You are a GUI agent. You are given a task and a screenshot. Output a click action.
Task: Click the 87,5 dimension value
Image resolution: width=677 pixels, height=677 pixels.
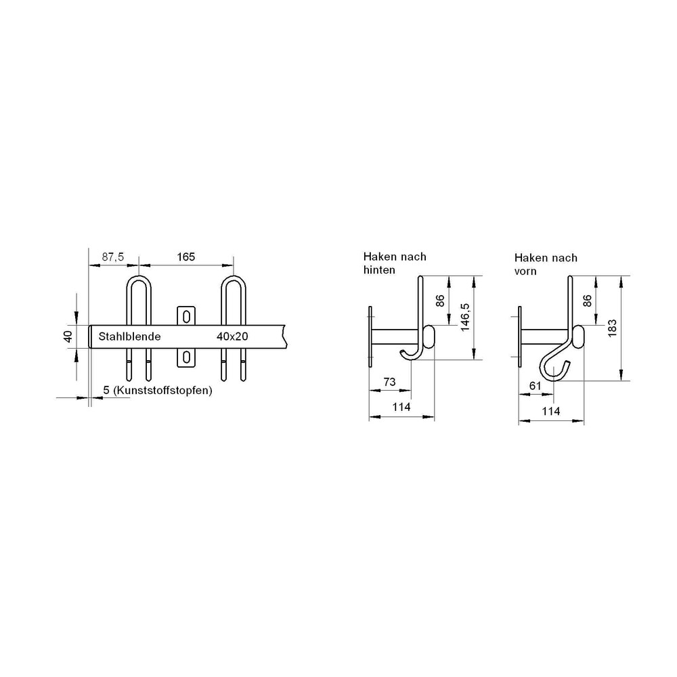coord(112,257)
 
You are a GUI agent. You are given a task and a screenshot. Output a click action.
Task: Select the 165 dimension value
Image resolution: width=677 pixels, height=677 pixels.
coord(185,257)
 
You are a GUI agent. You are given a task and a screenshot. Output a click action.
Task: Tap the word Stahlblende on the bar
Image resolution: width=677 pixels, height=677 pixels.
coord(129,336)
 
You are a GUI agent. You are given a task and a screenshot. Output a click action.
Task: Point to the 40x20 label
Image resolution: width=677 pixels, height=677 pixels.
coord(232,336)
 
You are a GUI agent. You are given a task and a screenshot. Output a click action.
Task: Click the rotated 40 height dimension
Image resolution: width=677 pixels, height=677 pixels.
coord(68,336)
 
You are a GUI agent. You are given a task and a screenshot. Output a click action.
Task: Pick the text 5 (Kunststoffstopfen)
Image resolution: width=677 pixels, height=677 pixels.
coord(158,391)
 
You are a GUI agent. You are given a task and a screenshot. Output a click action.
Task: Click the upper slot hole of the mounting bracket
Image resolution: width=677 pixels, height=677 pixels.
coord(187,317)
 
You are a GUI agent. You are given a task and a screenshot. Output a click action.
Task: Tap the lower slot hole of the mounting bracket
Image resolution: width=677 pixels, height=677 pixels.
coord(187,357)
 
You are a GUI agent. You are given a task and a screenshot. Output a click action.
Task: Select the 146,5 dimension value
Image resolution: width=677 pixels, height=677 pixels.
coord(465,317)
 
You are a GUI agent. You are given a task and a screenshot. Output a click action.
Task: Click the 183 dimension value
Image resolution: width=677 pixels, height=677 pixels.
coord(612,328)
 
